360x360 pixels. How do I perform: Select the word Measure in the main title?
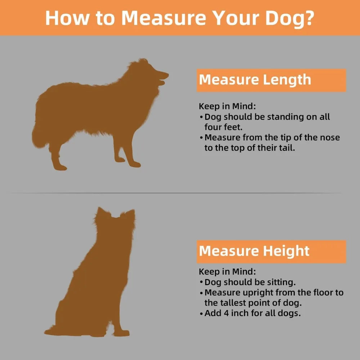pos(164,18)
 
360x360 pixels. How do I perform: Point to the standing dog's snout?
pos(162,75)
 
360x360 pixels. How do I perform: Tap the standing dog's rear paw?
pos(60,168)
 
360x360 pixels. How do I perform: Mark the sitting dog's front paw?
pos(122,333)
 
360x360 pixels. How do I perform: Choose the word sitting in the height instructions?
pos(282,283)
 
